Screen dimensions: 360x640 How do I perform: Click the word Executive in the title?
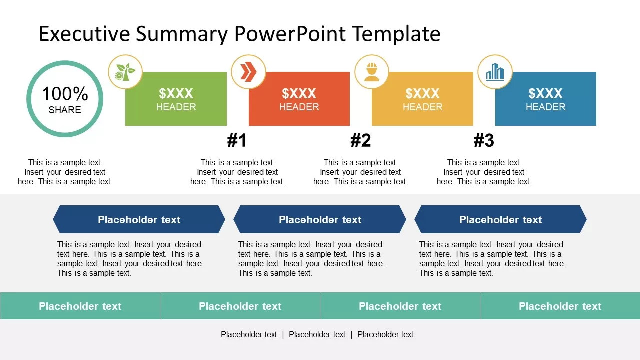tap(84, 34)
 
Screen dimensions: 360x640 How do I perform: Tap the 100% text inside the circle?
tap(65, 94)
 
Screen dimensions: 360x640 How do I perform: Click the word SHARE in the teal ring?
tap(65, 110)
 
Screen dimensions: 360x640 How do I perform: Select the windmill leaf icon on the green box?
tap(125, 72)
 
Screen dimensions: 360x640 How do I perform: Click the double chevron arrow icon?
tap(248, 72)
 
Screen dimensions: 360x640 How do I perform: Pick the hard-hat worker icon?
tap(371, 72)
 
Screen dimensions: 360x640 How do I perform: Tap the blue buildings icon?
tap(495, 72)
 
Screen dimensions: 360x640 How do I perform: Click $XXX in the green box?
tap(176, 93)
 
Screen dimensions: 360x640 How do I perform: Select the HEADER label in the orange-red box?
tap(299, 107)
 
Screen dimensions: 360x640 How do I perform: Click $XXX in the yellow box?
tap(422, 93)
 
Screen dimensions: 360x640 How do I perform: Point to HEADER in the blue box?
tap(545, 107)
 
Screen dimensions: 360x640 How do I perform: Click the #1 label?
tap(237, 141)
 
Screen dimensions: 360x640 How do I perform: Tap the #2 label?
tap(360, 141)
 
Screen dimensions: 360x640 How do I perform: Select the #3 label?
tap(484, 141)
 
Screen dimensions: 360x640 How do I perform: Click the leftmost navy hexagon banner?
tap(139, 219)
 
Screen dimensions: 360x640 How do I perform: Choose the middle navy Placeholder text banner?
tap(320, 219)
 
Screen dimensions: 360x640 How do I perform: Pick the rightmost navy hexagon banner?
tap(500, 219)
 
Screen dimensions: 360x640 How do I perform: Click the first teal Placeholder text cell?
tap(80, 306)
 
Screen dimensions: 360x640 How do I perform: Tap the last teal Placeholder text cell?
tap(560, 306)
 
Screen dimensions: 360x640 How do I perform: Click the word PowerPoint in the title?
tap(290, 34)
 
